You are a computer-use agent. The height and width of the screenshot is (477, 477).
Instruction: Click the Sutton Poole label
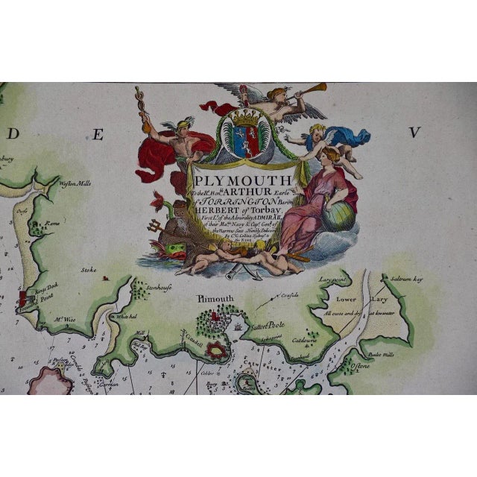point(271,326)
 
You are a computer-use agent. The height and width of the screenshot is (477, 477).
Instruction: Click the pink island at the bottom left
point(48,381)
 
